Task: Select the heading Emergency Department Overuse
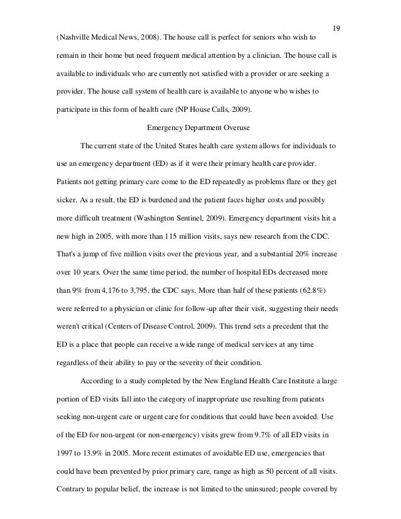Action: click(x=199, y=128)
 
